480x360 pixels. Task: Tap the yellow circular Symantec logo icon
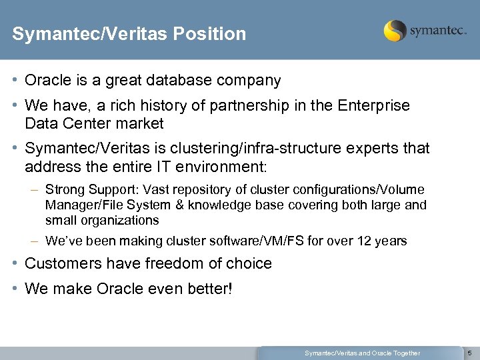[395, 31]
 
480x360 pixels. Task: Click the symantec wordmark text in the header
[437, 31]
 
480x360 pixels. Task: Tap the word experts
[372, 148]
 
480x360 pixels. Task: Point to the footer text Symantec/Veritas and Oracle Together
[362, 353]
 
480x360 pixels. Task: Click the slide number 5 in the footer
[469, 353]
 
